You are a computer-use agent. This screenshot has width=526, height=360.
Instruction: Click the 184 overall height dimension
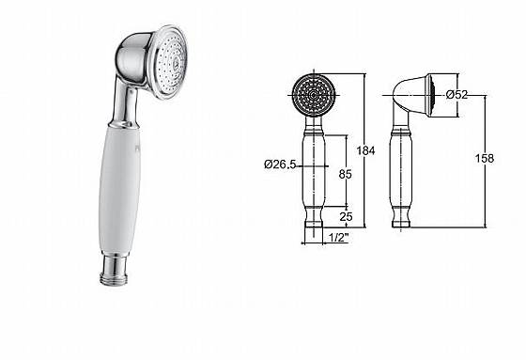pyautogui.click(x=365, y=150)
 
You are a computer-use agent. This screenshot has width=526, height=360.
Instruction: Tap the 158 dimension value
pyautogui.click(x=485, y=158)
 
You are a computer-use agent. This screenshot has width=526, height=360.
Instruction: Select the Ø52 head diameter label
pyautogui.click(x=456, y=95)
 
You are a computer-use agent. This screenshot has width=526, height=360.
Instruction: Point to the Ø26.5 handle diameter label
pyautogui.click(x=280, y=164)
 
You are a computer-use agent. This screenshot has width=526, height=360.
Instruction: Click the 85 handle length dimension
pyautogui.click(x=346, y=174)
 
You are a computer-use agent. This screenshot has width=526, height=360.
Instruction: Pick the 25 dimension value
pyautogui.click(x=346, y=216)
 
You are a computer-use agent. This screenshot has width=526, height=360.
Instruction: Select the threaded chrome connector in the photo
pyautogui.click(x=114, y=271)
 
